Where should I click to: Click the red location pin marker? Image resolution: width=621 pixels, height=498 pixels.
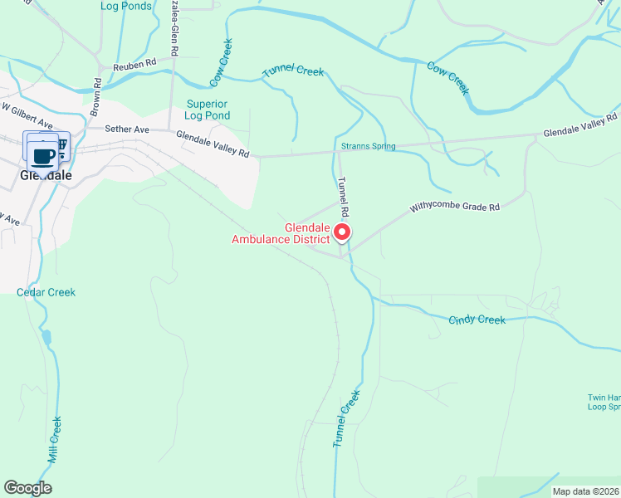tap(342, 234)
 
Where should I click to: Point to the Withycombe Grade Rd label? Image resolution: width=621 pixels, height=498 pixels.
tap(455, 207)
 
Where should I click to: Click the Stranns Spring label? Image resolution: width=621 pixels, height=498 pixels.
tap(368, 146)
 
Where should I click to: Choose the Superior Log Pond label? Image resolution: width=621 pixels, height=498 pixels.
tap(207, 110)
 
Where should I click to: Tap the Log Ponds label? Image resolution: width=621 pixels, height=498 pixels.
tap(126, 6)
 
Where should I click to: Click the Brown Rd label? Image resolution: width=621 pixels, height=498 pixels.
tap(96, 95)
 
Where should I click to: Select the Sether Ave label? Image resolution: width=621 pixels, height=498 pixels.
tap(127, 129)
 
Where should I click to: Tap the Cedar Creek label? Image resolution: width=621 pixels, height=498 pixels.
tap(46, 292)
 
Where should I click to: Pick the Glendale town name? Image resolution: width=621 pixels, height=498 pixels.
tap(46, 176)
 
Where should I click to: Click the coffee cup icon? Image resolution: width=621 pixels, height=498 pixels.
tap(43, 155)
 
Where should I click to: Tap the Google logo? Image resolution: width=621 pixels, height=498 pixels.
tap(27, 488)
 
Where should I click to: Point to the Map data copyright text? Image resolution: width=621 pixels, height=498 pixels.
tap(586, 491)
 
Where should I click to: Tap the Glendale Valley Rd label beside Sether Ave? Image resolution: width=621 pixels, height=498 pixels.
tap(213, 143)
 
